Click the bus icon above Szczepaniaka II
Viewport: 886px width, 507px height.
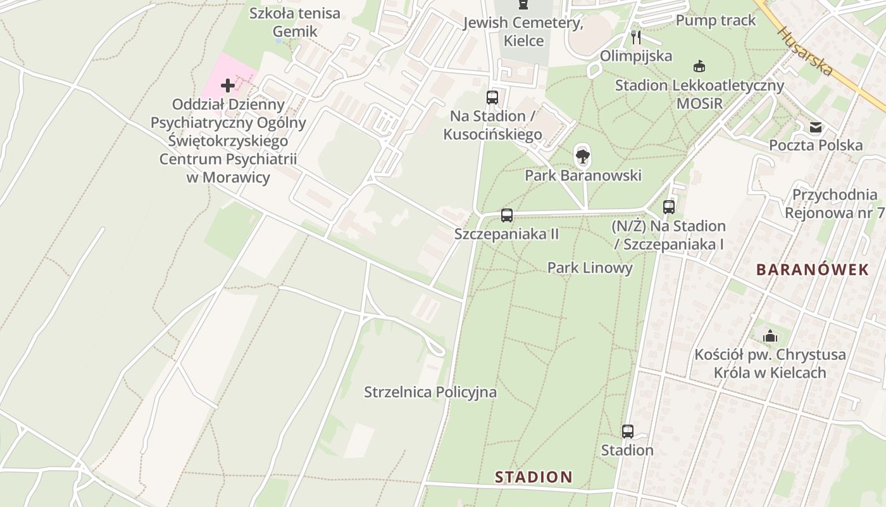pos(506,215)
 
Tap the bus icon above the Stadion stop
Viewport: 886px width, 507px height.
pos(627,432)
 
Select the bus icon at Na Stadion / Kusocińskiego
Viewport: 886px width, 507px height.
pos(492,98)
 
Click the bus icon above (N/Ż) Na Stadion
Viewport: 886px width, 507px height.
pos(669,207)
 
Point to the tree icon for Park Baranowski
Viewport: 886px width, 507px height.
pos(583,155)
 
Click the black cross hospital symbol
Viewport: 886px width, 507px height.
pos(228,86)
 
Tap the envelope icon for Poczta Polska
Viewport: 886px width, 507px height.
pos(816,127)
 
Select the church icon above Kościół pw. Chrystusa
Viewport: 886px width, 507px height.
pos(770,336)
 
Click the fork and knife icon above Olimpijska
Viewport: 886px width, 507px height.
pos(636,37)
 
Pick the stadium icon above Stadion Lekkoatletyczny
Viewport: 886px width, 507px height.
pos(699,66)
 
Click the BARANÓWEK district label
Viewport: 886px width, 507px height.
pos(813,270)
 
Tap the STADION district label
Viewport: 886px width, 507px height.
pos(533,477)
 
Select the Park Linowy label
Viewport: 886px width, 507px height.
pos(590,268)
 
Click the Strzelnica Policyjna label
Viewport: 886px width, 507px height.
pos(430,392)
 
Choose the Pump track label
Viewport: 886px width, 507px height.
pos(716,20)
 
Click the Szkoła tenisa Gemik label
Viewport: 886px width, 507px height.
pos(294,22)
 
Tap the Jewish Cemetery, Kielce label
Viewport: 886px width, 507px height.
pos(523,32)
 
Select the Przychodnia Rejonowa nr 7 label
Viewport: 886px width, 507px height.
pos(835,203)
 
